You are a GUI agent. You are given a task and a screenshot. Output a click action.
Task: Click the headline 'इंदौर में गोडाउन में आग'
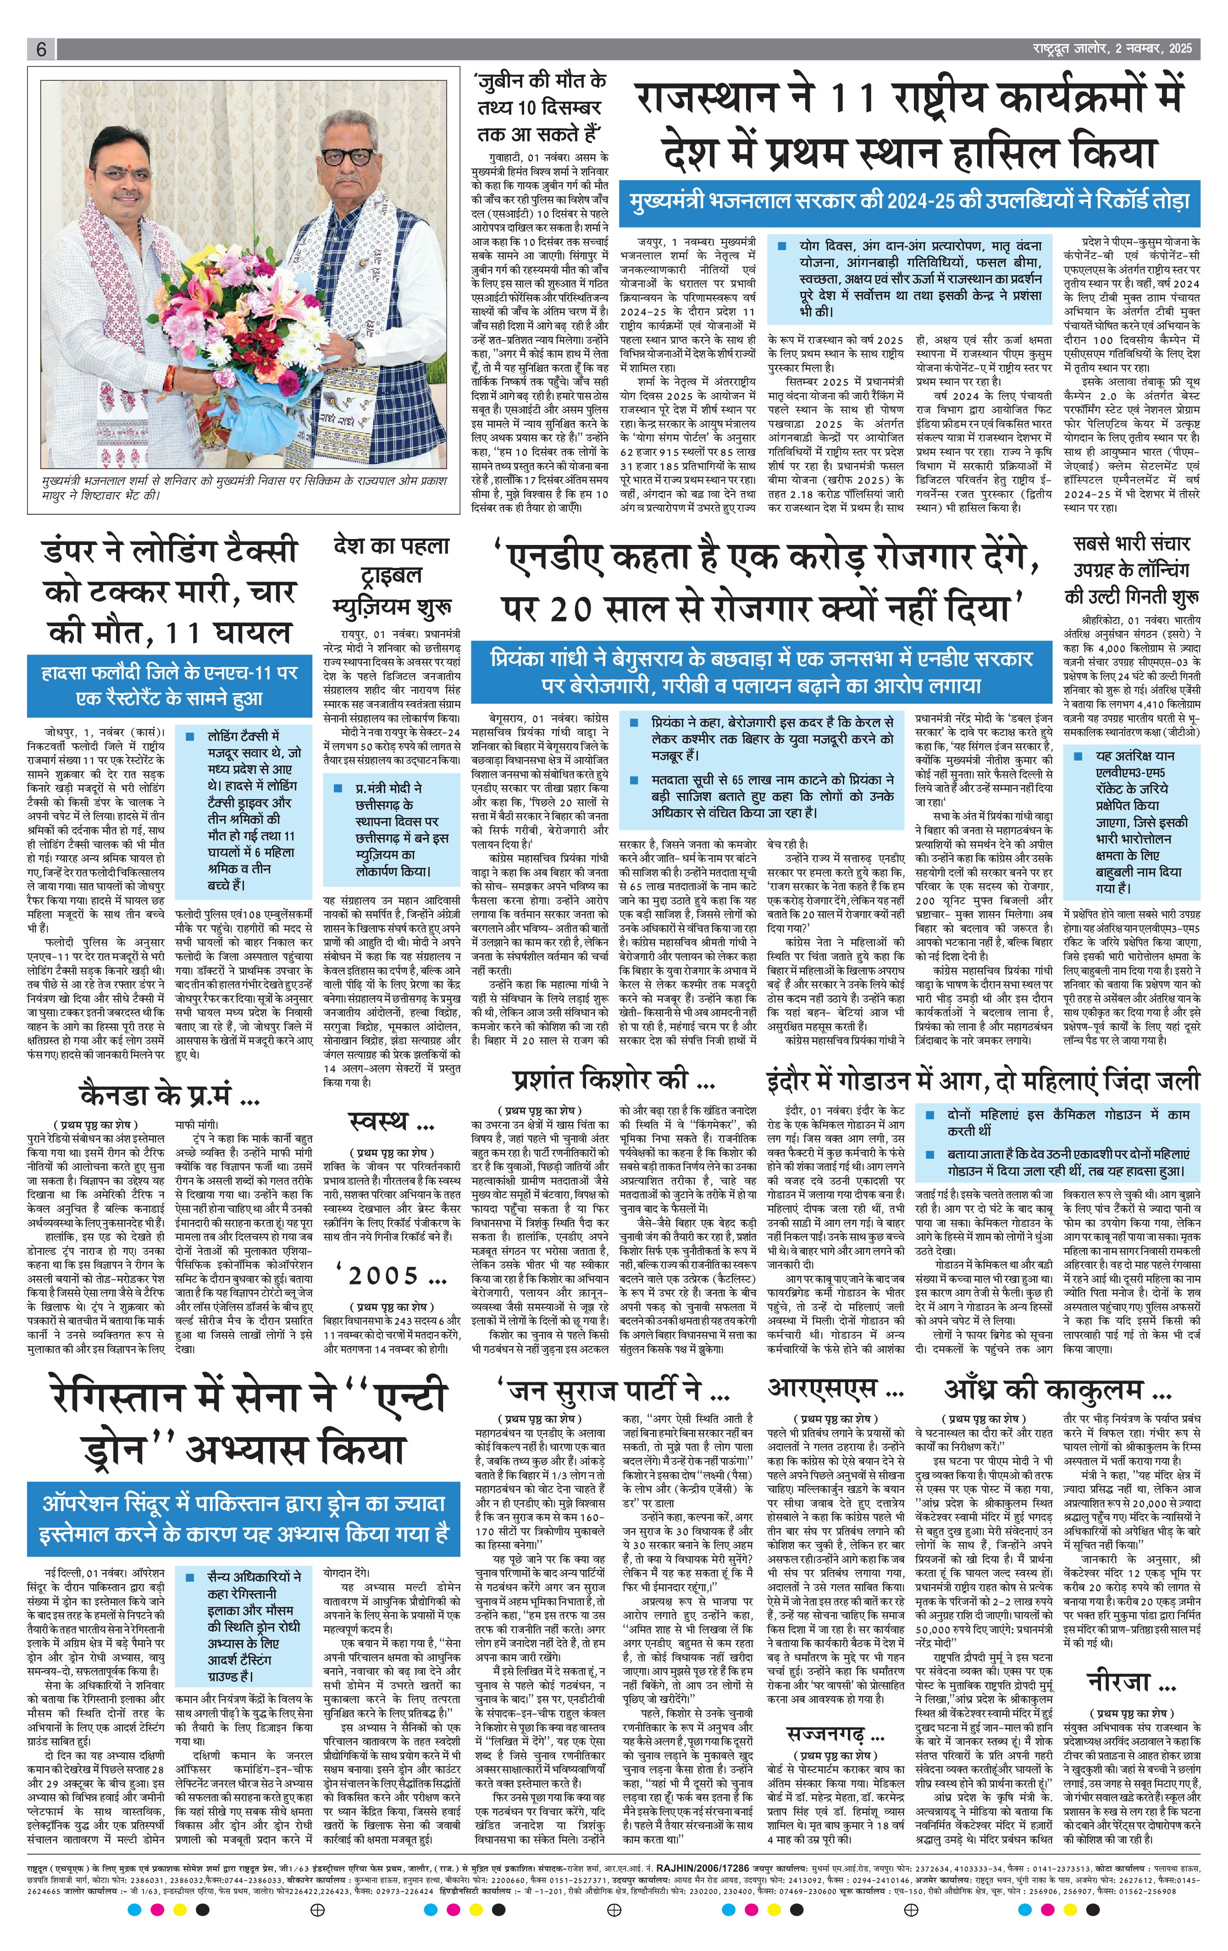point(983,1081)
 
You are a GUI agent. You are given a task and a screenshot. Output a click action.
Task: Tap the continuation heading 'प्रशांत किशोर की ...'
point(613,1079)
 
